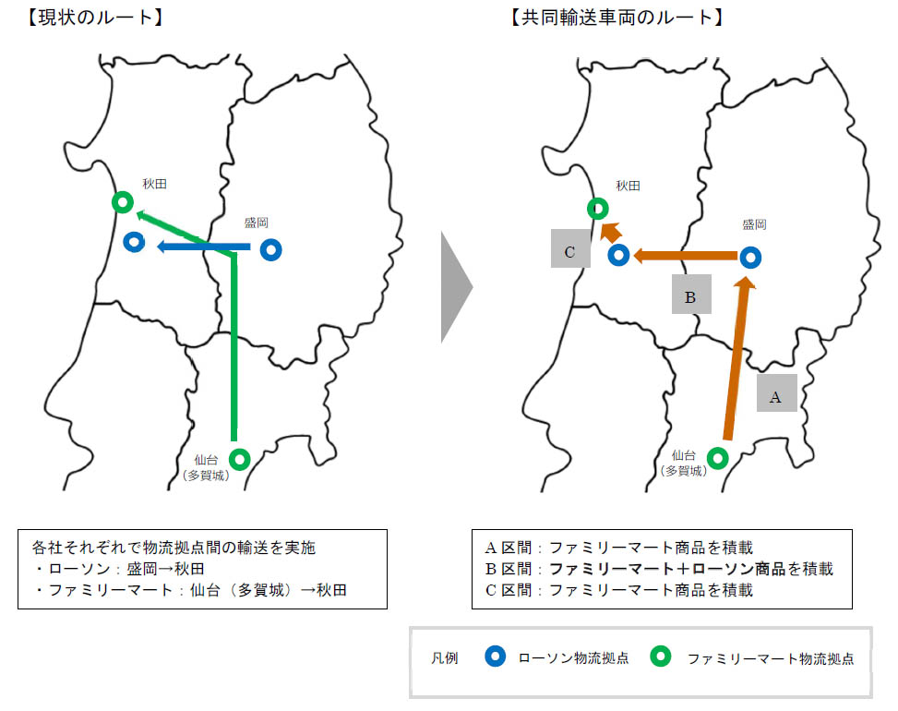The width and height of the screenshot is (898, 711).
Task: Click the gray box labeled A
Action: (x=776, y=393)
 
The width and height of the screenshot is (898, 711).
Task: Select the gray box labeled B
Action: (x=692, y=294)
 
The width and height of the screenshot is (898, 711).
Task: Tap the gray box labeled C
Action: (x=570, y=248)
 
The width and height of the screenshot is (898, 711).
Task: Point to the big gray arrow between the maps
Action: (x=455, y=286)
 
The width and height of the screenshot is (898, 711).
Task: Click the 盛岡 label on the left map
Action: (x=257, y=223)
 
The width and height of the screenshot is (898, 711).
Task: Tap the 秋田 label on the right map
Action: (x=629, y=186)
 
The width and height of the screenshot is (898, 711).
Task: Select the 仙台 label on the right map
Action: (x=684, y=455)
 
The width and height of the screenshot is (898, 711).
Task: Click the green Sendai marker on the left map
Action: (x=240, y=459)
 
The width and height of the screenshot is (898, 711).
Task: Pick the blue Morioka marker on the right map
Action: (x=751, y=258)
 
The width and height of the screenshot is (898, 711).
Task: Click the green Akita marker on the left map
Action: (x=123, y=202)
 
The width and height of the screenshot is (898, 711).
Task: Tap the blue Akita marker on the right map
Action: (x=618, y=255)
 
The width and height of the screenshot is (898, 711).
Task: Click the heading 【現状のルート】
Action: (x=96, y=18)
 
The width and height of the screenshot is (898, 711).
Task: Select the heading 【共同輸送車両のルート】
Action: (x=617, y=18)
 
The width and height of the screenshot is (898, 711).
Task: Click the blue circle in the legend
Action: (x=496, y=656)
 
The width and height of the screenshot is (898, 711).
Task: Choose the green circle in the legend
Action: (x=660, y=656)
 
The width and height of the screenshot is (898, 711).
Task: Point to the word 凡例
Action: (x=445, y=657)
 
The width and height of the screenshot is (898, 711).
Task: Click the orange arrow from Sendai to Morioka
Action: (x=737, y=358)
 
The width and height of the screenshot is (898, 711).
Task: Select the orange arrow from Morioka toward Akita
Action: (x=685, y=256)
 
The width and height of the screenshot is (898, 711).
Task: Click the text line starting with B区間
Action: (x=659, y=569)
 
